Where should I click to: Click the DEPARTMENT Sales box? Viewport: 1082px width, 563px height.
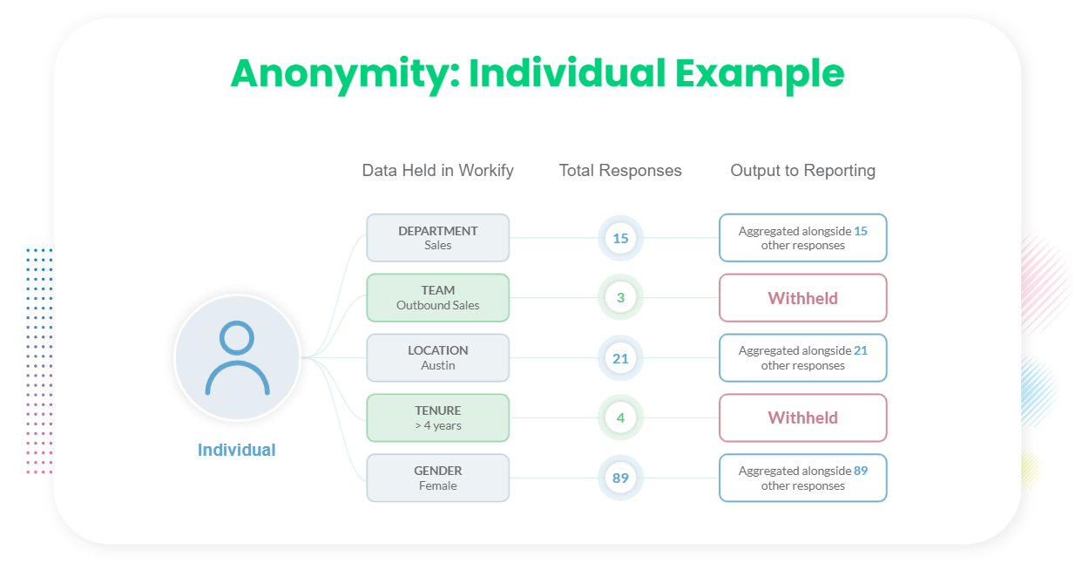pos(437,238)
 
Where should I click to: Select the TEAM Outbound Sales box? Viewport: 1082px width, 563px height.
pos(437,298)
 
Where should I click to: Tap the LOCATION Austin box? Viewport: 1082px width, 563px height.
pos(437,357)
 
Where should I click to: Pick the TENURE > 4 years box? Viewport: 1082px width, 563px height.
pos(437,417)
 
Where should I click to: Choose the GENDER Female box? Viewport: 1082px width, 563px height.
pos(437,478)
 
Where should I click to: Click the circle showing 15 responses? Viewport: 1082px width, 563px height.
pos(620,238)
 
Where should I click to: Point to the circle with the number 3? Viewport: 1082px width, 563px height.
pos(620,298)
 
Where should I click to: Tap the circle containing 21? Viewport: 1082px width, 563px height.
pos(620,358)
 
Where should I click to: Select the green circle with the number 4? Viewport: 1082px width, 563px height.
pos(620,417)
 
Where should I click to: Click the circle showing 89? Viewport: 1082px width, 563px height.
pos(620,478)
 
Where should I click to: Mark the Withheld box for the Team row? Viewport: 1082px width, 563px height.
pos(803,298)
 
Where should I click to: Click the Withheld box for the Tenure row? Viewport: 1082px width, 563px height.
pos(803,417)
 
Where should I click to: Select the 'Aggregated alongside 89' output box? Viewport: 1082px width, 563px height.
pos(803,478)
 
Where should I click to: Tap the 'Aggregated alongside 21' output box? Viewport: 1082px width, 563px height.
pos(803,357)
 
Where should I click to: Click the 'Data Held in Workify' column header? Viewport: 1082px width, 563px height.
pos(437,171)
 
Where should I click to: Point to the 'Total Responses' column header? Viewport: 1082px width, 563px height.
pos(620,171)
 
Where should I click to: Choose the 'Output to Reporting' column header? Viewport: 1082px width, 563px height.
pos(803,171)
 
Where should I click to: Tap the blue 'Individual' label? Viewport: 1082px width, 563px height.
pos(237,450)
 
